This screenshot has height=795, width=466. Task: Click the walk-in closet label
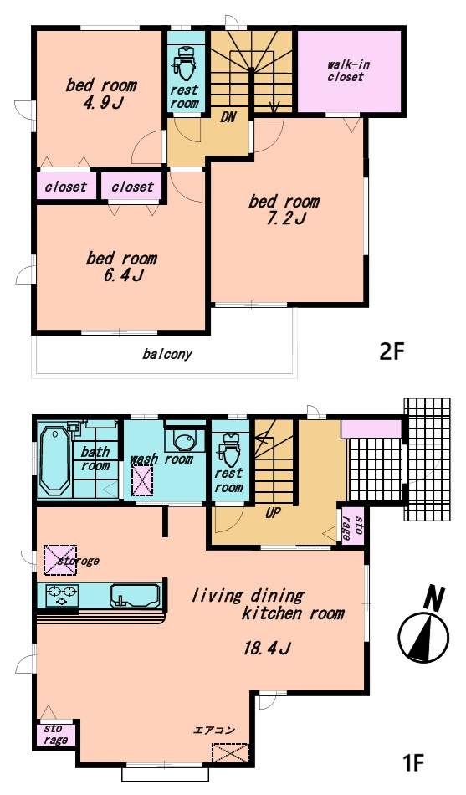pos(348,71)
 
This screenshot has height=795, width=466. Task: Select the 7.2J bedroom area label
pos(286,219)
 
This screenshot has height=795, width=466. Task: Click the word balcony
pos(167,354)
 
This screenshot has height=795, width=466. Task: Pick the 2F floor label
pos(393,351)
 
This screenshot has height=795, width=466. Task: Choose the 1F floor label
pos(412,762)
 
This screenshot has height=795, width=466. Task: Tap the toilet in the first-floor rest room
pos(229,449)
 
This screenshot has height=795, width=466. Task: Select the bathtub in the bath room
pos(54,460)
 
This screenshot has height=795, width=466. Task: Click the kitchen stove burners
pos(62,594)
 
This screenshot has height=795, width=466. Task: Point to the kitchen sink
pos(135,595)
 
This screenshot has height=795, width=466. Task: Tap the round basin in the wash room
pos(182,440)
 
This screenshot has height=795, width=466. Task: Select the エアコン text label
pos(214,731)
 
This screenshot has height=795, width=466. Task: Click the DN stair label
pos(228,117)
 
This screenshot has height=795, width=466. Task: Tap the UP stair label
pos(273,513)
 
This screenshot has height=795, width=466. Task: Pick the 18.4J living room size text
pos(266,648)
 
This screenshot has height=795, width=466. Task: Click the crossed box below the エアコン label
pos(230,752)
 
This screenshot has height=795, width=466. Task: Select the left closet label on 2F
pos(66,187)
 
